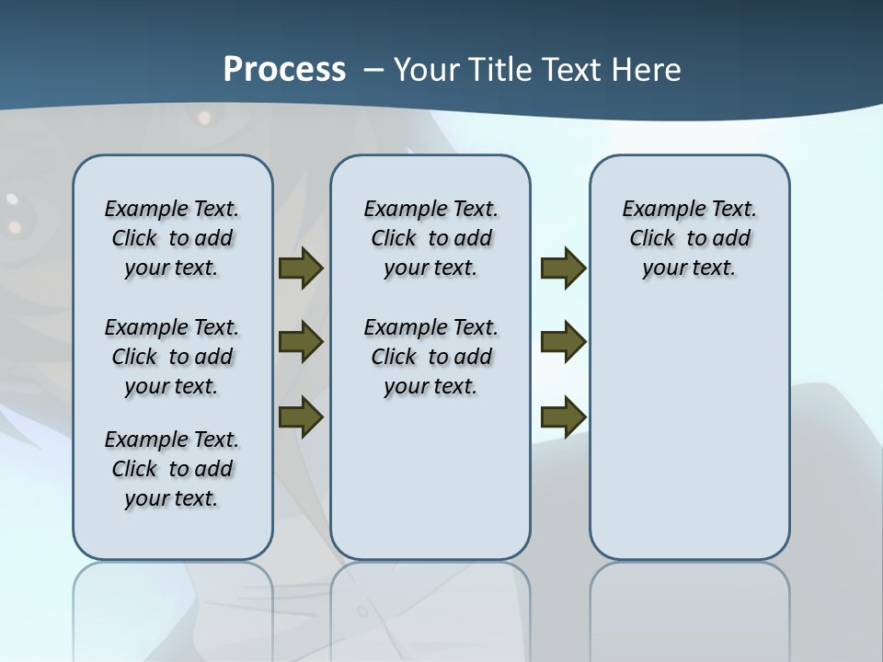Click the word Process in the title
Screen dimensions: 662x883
tap(284, 69)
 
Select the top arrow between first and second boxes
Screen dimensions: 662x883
tap(300, 268)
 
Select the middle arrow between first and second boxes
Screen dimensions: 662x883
tap(300, 343)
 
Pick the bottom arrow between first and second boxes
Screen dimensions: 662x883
tap(300, 417)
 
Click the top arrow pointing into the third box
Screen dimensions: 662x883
tap(563, 268)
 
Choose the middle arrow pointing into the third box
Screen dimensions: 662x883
tap(563, 342)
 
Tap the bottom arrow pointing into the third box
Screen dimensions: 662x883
tap(563, 417)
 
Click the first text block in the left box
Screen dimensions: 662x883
tap(172, 238)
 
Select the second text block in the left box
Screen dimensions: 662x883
tap(172, 357)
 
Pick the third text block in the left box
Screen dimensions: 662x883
tap(172, 469)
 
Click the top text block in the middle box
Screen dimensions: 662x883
tap(430, 238)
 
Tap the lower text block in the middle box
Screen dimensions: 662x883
tap(430, 357)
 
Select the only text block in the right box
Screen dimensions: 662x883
tap(690, 238)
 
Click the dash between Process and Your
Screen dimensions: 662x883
tap(373, 70)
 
